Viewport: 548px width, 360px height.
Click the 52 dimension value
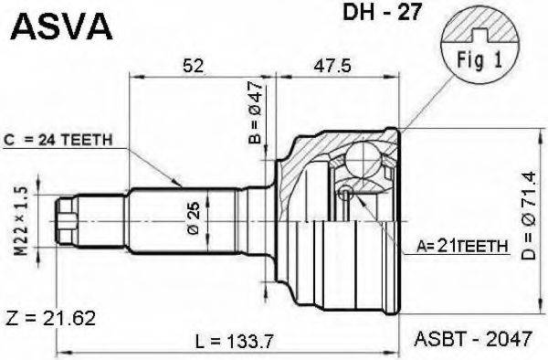click(193, 65)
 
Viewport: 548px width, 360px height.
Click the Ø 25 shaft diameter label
click(194, 218)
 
